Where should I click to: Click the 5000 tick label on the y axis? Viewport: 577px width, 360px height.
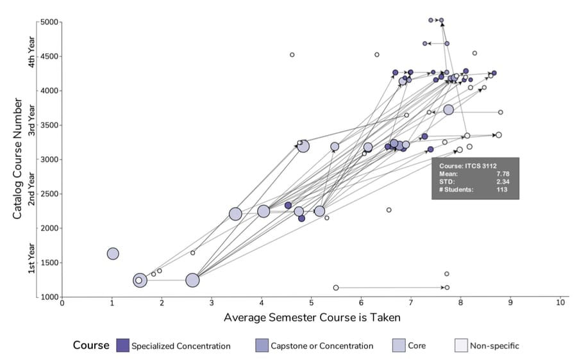point(50,22)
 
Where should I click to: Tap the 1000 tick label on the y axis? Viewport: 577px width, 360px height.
point(50,297)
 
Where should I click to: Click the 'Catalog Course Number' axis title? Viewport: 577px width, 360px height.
point(17,159)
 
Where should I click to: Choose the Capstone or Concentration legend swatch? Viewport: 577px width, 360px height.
point(262,346)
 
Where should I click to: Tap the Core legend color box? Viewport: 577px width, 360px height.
point(398,346)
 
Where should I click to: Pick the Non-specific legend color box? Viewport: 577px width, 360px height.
point(460,346)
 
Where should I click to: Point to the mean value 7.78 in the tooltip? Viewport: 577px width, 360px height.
point(504,173)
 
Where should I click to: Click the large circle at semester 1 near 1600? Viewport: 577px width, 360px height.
point(113,254)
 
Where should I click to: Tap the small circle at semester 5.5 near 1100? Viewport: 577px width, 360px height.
point(336,288)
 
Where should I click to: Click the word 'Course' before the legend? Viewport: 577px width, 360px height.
point(91,346)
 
